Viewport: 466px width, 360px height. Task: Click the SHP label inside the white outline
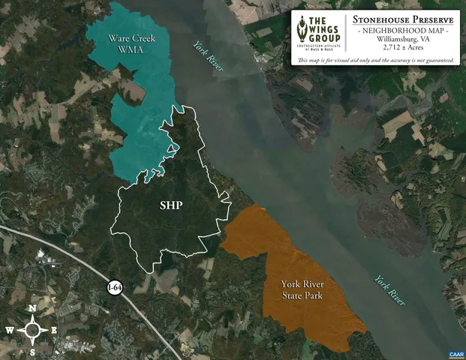pos(172,206)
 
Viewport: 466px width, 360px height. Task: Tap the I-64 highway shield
pos(114,287)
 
